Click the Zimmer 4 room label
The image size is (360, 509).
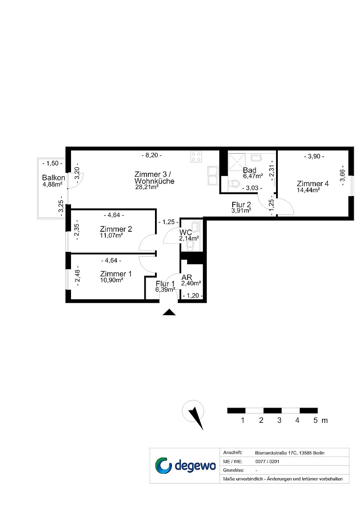coord(313,184)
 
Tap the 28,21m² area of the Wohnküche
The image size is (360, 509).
coord(147,187)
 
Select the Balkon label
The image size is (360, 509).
coord(54,178)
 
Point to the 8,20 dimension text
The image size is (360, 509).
coord(152,155)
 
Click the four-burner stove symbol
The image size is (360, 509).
coord(196,157)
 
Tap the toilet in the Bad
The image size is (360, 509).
coord(234,184)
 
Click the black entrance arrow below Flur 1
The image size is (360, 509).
coord(169,312)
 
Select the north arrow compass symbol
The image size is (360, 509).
coord(194,414)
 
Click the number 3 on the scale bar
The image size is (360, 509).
coord(279,421)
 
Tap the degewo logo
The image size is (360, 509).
coord(185,466)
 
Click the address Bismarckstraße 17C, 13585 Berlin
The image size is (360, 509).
coord(289,453)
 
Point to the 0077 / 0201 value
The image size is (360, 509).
coord(267,461)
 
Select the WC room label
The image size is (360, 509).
coord(186,233)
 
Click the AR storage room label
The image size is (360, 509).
coord(187,277)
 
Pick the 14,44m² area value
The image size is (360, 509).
coord(308,190)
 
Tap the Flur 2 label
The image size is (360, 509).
coord(241,204)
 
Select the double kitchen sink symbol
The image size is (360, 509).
coord(213,175)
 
